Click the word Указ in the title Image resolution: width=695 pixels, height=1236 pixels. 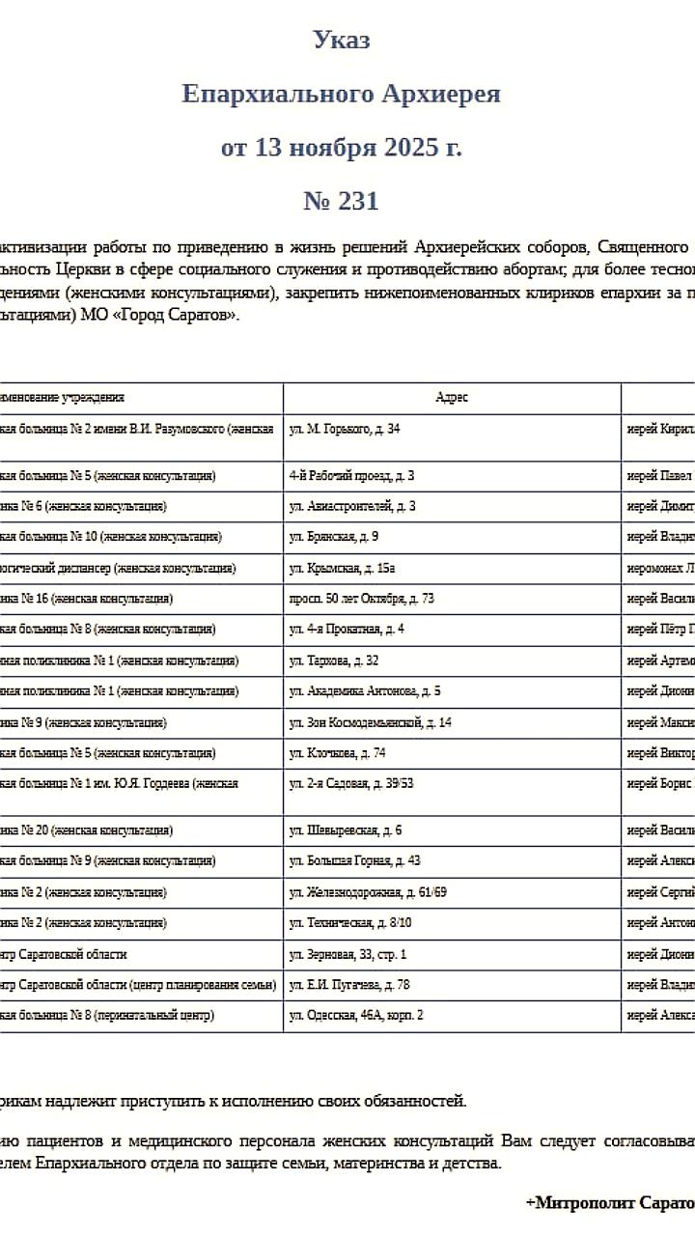coord(341,40)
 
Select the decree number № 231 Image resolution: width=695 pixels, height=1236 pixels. coord(341,201)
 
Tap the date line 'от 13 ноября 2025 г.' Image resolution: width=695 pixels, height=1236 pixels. coord(341,148)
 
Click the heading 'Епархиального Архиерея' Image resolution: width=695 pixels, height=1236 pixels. coord(341,94)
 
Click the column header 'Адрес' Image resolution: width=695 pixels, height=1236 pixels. coord(452,398)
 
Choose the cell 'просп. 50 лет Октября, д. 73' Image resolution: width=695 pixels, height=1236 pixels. coord(361,599)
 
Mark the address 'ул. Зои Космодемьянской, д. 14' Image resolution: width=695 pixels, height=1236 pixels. coord(370,722)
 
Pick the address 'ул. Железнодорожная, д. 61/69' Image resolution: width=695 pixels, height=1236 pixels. coord(367,892)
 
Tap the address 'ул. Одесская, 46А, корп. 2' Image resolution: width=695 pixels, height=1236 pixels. coord(356,1016)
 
